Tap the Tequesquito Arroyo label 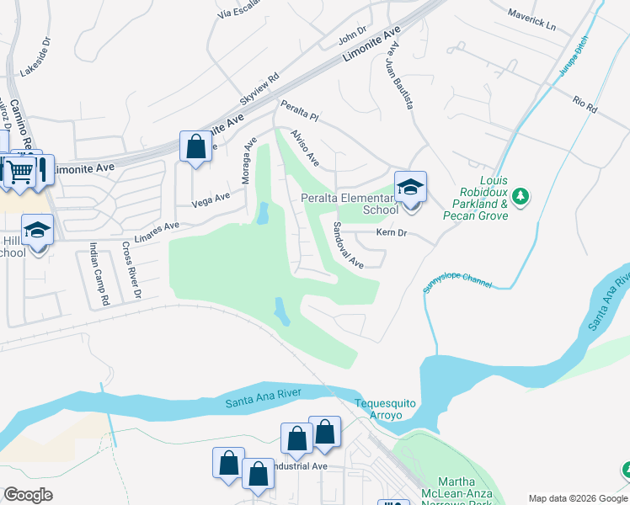point(385,409)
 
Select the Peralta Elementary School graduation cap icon point(410,187)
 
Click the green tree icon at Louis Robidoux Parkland point(521,196)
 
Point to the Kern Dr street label point(392,232)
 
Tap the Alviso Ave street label point(305,147)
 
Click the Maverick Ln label point(533,19)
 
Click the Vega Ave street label point(211,199)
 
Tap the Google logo point(28,495)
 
